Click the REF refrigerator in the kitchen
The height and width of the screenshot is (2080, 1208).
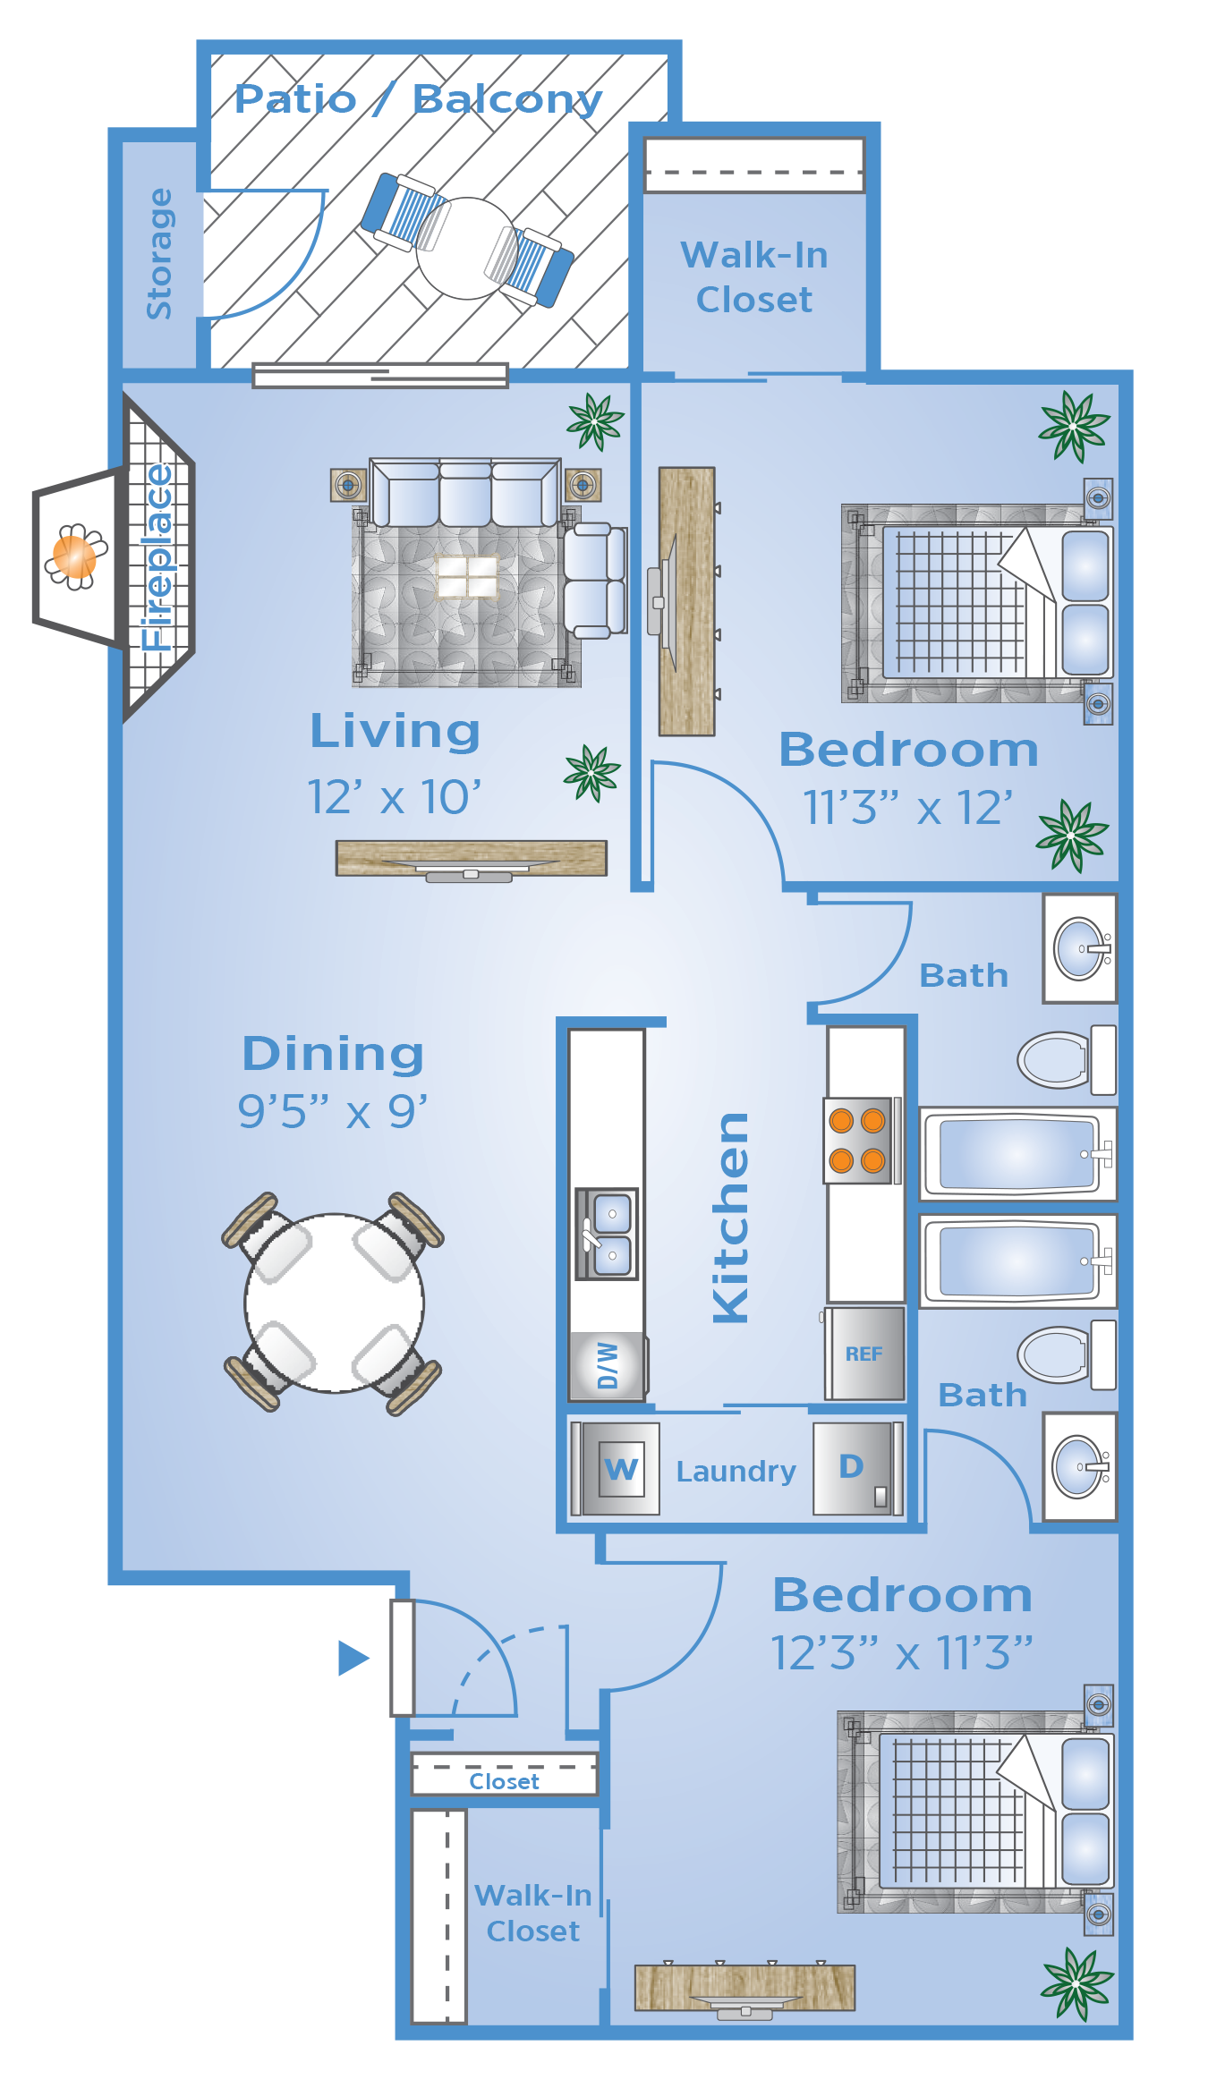coord(864,1353)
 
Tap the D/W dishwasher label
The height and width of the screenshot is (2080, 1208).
coord(608,1364)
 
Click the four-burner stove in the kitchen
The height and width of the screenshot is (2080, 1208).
coord(858,1140)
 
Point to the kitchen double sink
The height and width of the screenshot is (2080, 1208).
coord(607,1234)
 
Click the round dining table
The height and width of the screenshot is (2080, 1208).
coord(335,1303)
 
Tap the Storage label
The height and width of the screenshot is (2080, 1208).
coord(159,253)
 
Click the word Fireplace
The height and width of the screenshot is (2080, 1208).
coord(157,557)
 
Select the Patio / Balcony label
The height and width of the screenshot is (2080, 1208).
coord(418,99)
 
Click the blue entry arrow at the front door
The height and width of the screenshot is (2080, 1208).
coord(353,1658)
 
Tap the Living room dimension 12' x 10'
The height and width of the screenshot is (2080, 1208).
coord(394,796)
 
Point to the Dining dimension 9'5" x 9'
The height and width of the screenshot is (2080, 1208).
coord(333,1111)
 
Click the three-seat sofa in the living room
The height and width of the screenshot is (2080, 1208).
coord(465,493)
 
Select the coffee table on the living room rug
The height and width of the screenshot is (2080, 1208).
coord(466,576)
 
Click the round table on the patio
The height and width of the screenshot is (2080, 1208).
coord(466,248)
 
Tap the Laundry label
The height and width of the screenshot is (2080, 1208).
coord(736,1472)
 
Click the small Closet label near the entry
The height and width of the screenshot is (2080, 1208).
coord(504,1781)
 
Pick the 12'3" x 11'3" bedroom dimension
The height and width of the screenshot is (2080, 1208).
coord(902,1652)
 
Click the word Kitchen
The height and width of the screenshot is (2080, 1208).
coord(731,1218)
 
